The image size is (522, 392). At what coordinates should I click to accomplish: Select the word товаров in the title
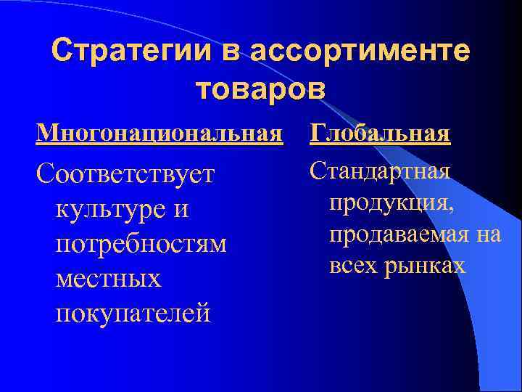coord(261,88)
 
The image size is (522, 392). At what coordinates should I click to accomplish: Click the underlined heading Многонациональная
coord(159,134)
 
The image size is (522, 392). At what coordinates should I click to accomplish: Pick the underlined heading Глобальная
coord(381,134)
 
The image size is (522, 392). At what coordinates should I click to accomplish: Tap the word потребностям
coord(141,244)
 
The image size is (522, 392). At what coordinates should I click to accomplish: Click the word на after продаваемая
coord(488,234)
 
